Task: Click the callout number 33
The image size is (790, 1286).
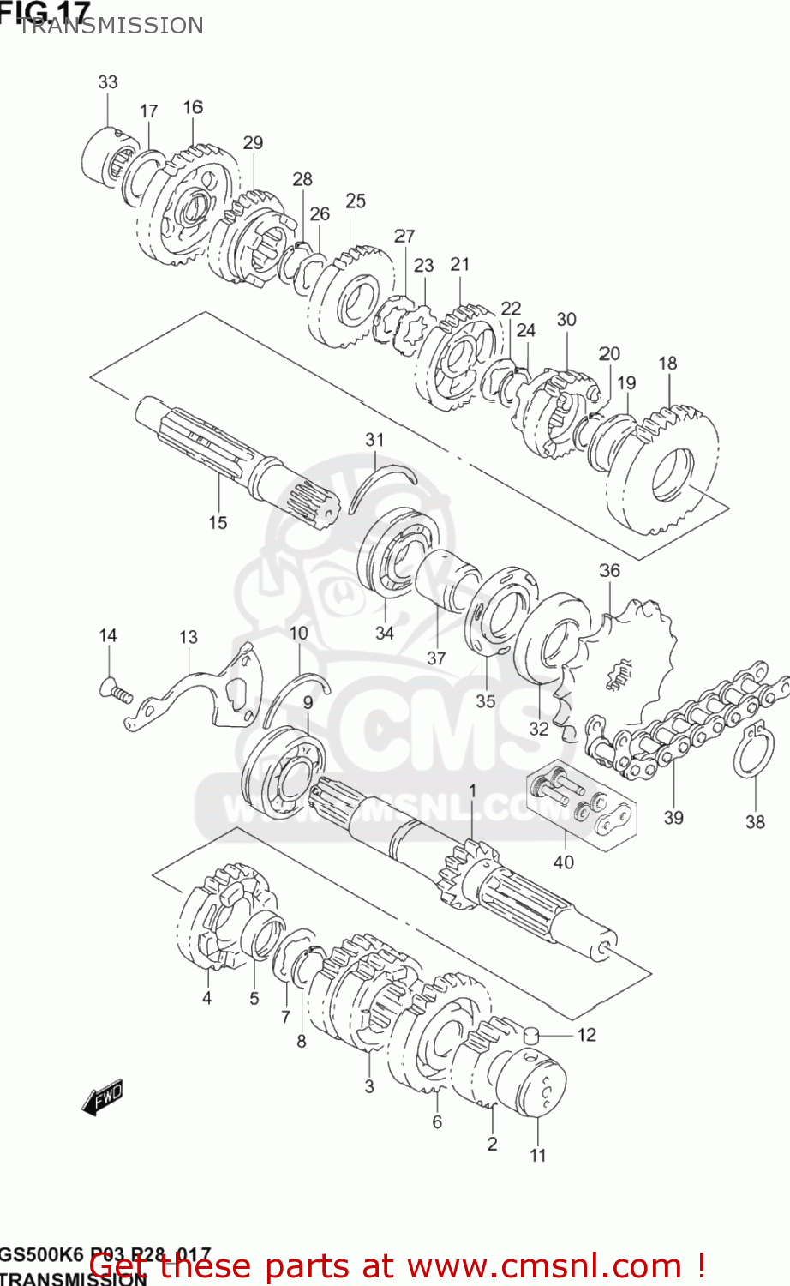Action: [x=107, y=82]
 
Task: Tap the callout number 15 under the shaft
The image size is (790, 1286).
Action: [x=218, y=522]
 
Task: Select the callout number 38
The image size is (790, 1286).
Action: [x=755, y=821]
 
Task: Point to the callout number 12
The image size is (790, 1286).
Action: [x=586, y=1035]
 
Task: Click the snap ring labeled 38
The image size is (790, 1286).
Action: [x=753, y=752]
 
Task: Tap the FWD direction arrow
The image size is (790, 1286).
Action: [x=102, y=1098]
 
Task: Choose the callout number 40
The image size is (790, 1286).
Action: [x=563, y=862]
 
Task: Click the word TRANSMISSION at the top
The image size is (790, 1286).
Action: [x=111, y=26]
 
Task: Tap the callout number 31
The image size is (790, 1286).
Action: [x=374, y=440]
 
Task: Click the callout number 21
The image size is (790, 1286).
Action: [x=460, y=264]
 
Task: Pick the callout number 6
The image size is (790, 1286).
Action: [x=437, y=1121]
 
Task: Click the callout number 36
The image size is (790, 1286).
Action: [x=609, y=570]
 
